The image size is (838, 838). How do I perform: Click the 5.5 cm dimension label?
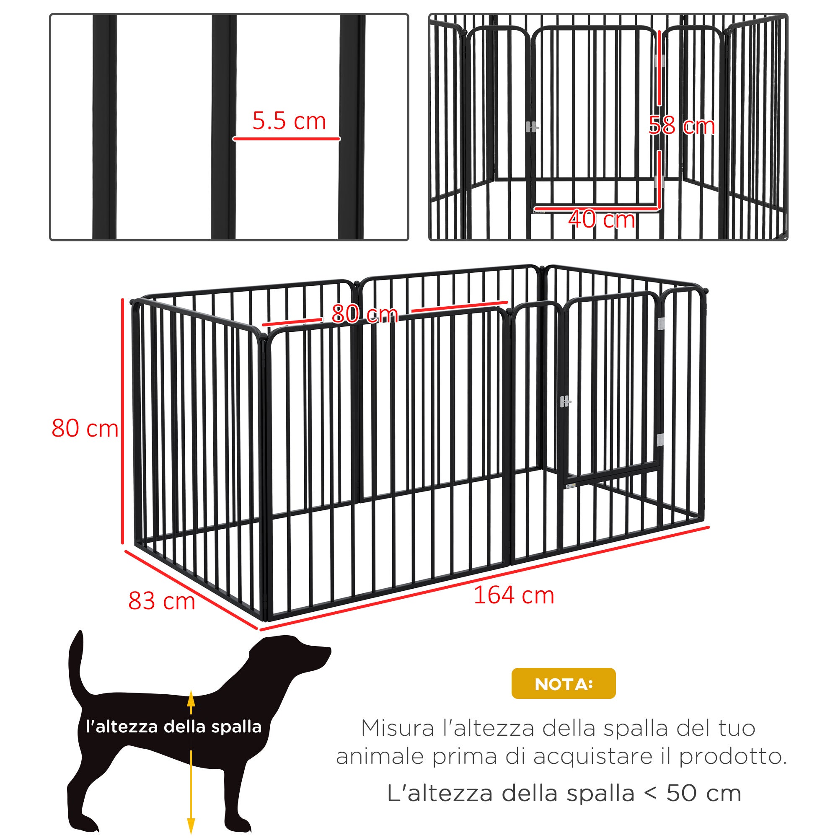click(289, 121)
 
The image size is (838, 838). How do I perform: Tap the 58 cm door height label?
click(681, 126)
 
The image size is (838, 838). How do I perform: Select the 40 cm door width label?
click(602, 220)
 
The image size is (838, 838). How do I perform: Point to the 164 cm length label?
click(514, 595)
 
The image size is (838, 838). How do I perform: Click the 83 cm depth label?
click(161, 601)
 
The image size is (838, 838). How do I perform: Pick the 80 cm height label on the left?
click(85, 428)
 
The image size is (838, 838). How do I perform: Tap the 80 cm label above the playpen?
click(365, 313)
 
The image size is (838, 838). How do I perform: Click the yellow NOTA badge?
click(563, 684)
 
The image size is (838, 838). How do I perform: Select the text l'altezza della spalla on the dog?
click(173, 727)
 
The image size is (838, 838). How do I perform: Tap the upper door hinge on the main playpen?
click(661, 323)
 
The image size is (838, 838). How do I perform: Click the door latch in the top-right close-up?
click(532, 127)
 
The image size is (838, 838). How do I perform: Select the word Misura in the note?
click(397, 728)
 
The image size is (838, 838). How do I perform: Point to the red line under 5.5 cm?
click(286, 139)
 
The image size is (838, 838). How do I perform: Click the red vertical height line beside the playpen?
click(123, 421)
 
